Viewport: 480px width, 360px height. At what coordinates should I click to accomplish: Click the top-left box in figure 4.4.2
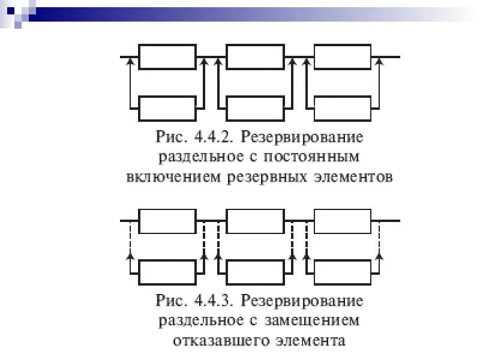click(x=167, y=57)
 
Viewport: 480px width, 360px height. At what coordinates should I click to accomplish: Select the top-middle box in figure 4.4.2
click(x=255, y=57)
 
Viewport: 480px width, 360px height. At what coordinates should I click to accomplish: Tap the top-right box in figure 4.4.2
click(x=343, y=57)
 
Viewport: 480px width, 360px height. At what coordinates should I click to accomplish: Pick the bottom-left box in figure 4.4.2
click(x=167, y=108)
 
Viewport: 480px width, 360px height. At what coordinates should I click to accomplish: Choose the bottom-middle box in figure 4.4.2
click(x=255, y=108)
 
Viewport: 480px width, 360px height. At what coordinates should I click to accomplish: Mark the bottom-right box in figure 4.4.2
click(x=343, y=108)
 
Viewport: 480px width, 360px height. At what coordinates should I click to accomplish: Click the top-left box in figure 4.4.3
click(x=167, y=221)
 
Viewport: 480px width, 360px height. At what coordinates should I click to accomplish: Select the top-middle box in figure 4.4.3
click(x=255, y=221)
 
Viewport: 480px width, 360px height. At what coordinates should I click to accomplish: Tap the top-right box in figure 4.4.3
click(x=343, y=221)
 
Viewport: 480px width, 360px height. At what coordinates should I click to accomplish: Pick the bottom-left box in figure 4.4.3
click(x=167, y=272)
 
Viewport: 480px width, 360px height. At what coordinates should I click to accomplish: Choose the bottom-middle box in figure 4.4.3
click(x=255, y=272)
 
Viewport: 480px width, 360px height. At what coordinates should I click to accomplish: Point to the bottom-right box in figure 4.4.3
click(x=343, y=272)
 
